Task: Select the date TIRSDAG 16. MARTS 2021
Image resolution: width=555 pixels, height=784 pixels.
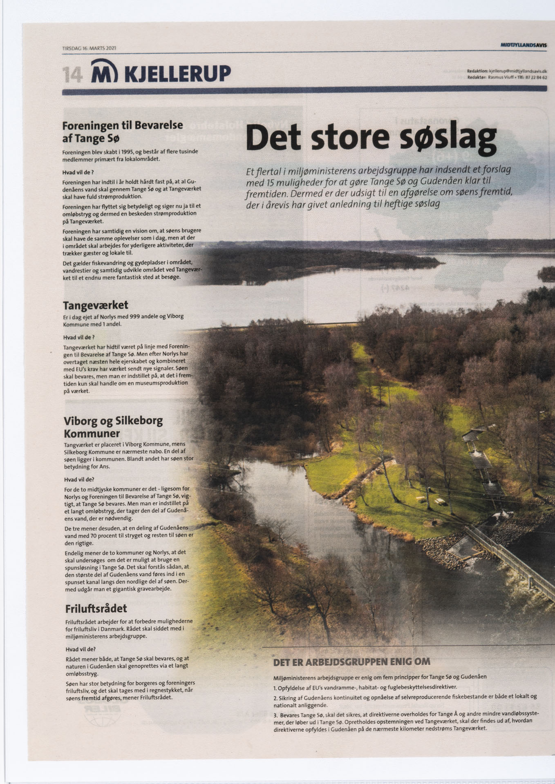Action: point(89,48)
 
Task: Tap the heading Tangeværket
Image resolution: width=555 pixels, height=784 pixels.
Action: point(96,305)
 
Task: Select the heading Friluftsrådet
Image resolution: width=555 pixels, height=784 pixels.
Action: point(96,609)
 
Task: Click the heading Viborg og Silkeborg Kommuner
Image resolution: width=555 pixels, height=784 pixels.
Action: point(113,426)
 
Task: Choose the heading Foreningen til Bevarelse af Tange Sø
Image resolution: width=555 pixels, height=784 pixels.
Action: point(122,131)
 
